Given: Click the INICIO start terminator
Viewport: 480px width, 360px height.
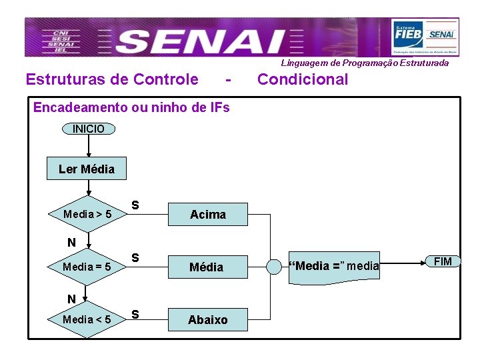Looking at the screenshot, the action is pos(88,129).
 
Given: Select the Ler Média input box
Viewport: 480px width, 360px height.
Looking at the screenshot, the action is pos(87,169).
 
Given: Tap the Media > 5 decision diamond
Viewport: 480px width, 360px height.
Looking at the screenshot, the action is pos(87,215).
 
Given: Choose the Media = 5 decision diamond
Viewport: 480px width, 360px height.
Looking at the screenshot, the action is pos(87,267).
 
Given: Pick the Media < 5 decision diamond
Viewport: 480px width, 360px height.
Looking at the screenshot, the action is pos(87,319).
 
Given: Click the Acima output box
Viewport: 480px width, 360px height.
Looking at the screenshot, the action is pos(208,214).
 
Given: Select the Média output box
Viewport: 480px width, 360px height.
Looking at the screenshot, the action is pos(207,267).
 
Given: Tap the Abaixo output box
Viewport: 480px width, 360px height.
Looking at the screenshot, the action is pos(207,319).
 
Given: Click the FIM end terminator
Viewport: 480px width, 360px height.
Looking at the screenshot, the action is pos(443,261).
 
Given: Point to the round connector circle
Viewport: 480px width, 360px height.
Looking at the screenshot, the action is pos(274,267).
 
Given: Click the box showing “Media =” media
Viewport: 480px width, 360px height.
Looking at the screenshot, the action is pos(333,267).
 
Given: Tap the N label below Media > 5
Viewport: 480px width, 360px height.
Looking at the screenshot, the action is pos(71,243).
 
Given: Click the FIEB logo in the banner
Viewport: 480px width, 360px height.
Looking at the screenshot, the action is pos(408,33).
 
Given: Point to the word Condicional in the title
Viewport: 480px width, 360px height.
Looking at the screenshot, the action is pos(303,80).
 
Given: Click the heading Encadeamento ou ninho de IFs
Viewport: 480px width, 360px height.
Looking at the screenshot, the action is pos(131,107).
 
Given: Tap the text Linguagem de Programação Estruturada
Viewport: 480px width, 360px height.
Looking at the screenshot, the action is pos(365,63).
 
